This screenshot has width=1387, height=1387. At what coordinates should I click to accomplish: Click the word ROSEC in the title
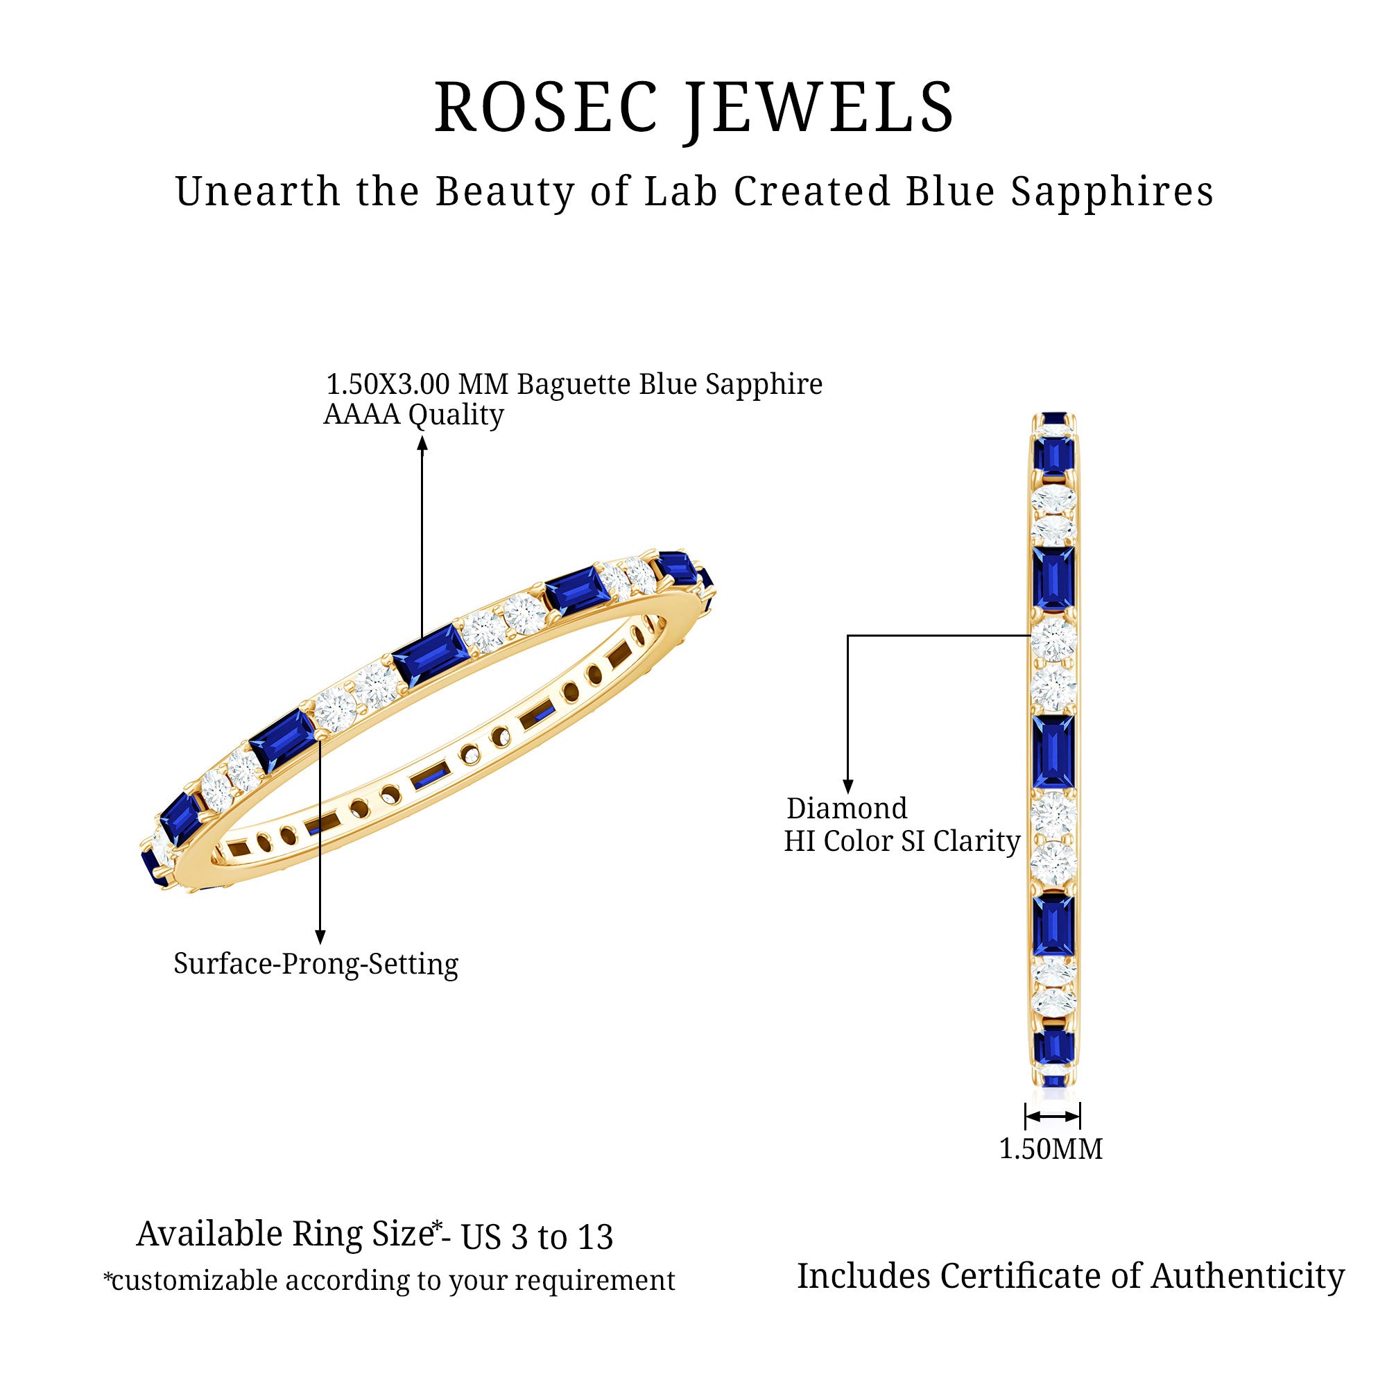pyautogui.click(x=546, y=107)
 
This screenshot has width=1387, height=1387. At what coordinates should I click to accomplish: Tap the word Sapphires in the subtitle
pyautogui.click(x=1112, y=192)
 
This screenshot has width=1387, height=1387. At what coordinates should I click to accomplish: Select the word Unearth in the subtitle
pyautogui.click(x=258, y=192)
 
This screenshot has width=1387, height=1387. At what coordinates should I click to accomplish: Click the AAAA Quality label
pyautogui.click(x=413, y=415)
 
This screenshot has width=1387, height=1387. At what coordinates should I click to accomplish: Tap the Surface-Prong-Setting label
pyautogui.click(x=316, y=964)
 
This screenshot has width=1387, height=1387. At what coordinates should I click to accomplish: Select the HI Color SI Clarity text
pyautogui.click(x=902, y=841)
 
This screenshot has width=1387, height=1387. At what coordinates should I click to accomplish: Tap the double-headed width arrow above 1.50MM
pyautogui.click(x=1053, y=1117)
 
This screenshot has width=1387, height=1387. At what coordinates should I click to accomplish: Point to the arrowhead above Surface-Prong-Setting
pyautogui.click(x=320, y=937)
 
